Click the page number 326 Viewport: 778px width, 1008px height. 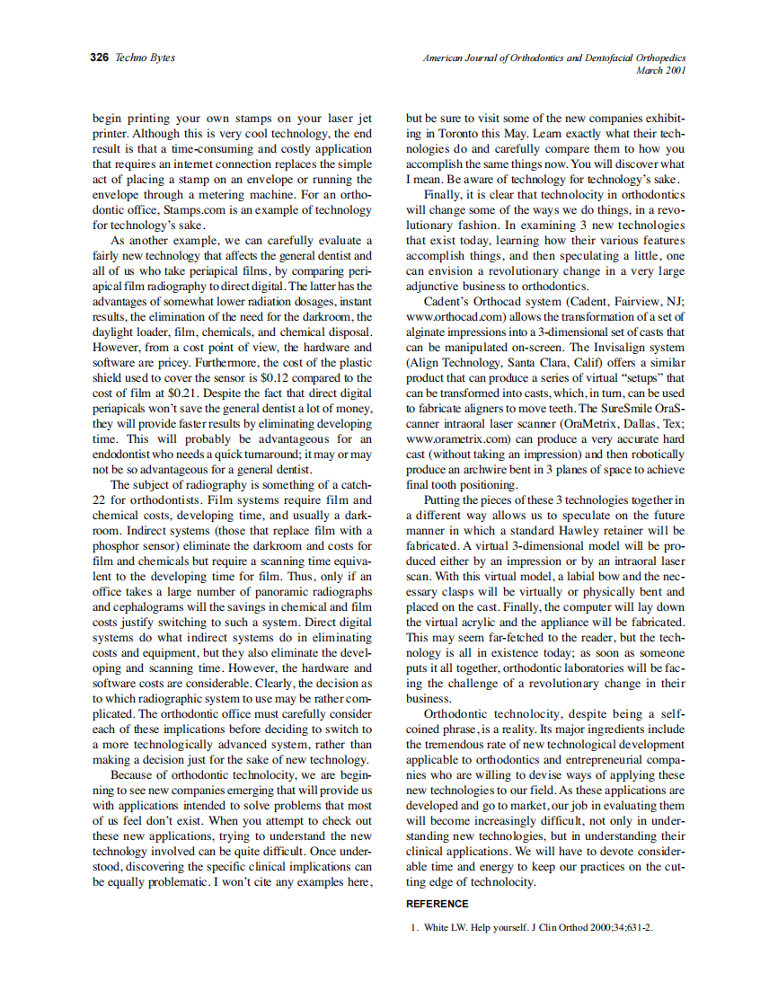100,57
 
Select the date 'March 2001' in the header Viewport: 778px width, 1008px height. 660,70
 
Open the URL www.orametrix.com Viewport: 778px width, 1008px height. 457,439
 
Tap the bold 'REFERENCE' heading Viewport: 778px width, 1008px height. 437,904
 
